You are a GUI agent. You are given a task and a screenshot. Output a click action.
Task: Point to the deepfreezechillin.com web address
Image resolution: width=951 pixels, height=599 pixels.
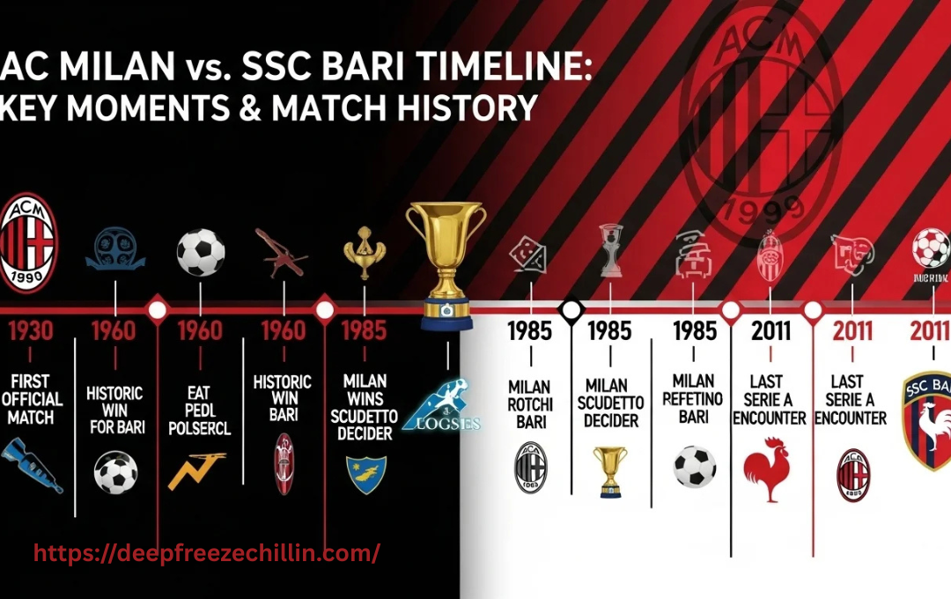pos(207,553)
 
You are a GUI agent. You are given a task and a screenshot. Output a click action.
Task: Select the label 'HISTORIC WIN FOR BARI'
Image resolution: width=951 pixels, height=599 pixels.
pos(114,410)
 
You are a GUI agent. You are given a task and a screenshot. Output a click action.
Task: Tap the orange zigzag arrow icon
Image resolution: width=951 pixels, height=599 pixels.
pos(195,471)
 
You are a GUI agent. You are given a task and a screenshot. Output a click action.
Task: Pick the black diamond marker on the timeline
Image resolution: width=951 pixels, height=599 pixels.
pos(571,309)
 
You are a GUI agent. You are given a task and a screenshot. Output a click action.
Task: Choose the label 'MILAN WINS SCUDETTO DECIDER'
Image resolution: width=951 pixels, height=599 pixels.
pos(365,408)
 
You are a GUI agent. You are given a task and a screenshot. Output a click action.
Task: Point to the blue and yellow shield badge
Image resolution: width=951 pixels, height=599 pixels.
pos(365,474)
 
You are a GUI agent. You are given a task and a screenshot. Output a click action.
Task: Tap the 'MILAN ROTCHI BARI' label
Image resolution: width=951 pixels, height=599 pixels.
pos(530,404)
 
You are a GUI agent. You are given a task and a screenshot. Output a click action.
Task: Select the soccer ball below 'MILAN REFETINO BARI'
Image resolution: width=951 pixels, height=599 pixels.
pos(694,466)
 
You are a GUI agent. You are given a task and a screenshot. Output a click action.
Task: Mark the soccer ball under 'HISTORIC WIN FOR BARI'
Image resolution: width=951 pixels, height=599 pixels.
pos(115,472)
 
